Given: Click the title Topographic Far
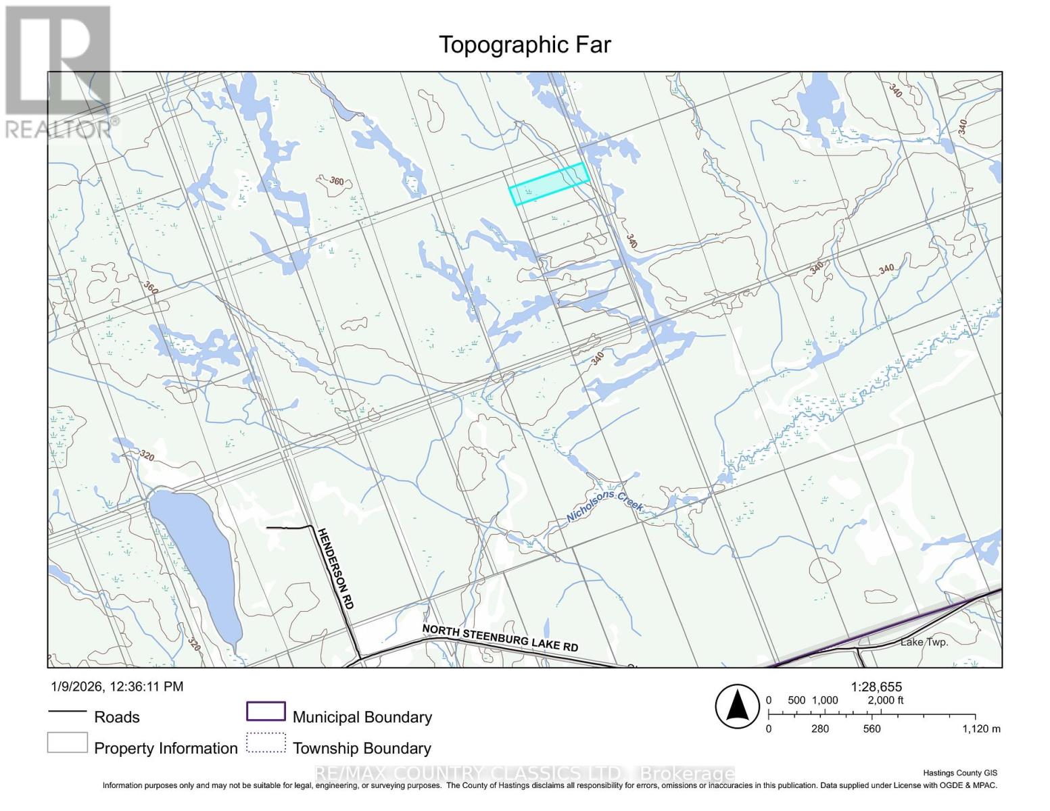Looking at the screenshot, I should coord(525,45).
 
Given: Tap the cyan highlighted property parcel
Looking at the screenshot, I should coord(548,184).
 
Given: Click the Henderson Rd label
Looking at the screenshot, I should coord(335,568).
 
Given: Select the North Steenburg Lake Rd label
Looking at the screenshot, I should coord(500,638).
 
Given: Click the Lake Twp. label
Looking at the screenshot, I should coord(924,642).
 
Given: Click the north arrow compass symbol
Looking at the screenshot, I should coord(738,707).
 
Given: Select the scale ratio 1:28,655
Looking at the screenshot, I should coord(876,687).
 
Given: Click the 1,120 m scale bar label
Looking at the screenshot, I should coord(981,729).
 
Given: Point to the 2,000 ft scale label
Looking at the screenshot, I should coord(885,700).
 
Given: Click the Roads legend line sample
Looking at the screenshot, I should coord(67,712).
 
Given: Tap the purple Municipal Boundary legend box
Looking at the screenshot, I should coord(266,712).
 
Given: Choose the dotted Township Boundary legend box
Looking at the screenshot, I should coord(266,743).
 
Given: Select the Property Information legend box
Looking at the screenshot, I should coord(67,743).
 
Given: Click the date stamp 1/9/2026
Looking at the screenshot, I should coord(76,687).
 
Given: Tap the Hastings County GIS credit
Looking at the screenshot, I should coord(959,773).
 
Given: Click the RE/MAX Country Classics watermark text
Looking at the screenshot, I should coord(525,773).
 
